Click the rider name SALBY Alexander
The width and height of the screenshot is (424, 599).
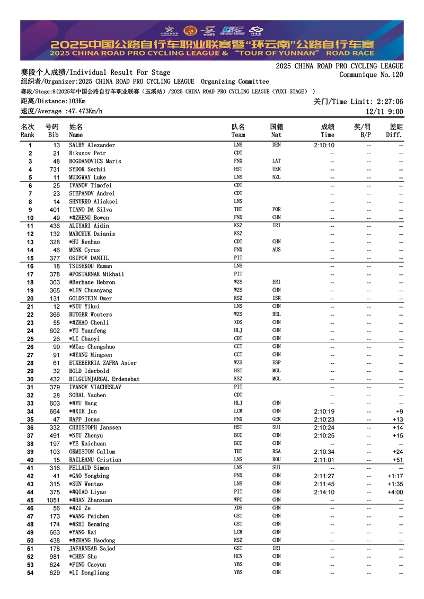click(x=92, y=145)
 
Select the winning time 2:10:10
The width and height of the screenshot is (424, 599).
click(x=324, y=145)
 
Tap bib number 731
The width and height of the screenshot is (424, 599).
click(x=55, y=169)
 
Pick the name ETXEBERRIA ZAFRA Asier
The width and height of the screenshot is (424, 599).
click(x=103, y=363)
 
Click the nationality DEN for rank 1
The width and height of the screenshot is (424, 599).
click(x=277, y=145)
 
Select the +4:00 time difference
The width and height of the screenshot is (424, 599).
click(x=395, y=492)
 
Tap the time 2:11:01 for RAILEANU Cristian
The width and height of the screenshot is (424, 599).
click(x=324, y=460)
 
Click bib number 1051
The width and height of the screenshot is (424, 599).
click(x=53, y=500)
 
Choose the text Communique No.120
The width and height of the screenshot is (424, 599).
click(x=371, y=75)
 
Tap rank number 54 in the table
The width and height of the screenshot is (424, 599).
click(x=30, y=573)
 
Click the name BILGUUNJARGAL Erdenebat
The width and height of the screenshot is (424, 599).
click(x=104, y=379)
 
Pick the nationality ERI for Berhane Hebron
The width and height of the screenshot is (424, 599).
click(x=277, y=282)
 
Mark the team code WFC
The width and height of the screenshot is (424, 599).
click(x=238, y=500)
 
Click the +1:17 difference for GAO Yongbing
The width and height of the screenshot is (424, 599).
click(x=395, y=476)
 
